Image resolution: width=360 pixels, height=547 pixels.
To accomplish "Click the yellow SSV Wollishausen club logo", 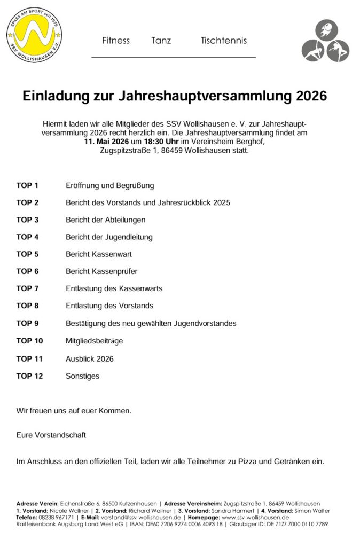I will coord(34,34).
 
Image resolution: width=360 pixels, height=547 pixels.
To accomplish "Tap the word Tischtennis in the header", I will coord(224,41).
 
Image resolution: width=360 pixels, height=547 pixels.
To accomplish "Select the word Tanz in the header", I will coord(161,41).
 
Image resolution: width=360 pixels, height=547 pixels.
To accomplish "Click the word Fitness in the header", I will coord(116,41).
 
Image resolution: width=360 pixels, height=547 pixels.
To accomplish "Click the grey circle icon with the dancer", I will coord(337,51).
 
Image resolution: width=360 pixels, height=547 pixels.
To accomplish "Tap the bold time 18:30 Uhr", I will coord(161,142).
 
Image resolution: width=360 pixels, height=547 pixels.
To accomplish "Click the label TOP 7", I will coord(28,288).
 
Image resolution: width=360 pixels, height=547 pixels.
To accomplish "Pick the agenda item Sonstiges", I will coord(82,376).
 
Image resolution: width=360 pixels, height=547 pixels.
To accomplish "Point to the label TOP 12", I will coord(29,376).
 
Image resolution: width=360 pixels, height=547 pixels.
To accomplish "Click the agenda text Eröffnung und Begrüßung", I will coord(109,185).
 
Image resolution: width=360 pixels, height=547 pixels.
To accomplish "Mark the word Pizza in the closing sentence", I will coord(268,460).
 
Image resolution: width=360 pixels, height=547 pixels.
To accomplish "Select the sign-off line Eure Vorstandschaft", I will coord(51,435).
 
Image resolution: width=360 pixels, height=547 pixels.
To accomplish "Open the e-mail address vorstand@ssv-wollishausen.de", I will coord(139,518).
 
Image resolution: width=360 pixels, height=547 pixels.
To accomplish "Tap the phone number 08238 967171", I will coord(56,518).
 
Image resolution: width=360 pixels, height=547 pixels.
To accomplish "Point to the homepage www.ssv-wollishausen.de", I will coord(255,518).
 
